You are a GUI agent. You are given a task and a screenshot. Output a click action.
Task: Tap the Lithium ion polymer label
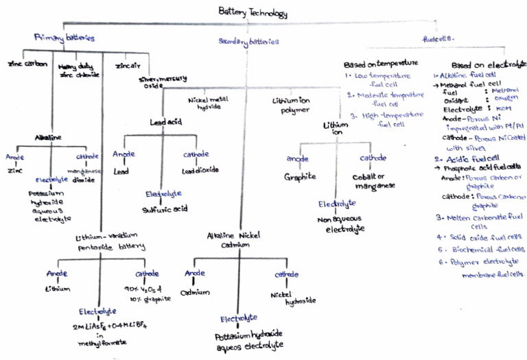[292, 104]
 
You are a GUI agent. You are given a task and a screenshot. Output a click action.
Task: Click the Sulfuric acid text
[164, 209]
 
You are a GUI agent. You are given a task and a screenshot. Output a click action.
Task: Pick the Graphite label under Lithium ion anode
[299, 176]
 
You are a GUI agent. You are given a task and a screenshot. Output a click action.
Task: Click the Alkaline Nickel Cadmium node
[238, 240]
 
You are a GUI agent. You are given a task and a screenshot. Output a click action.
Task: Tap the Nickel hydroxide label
[283, 296]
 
